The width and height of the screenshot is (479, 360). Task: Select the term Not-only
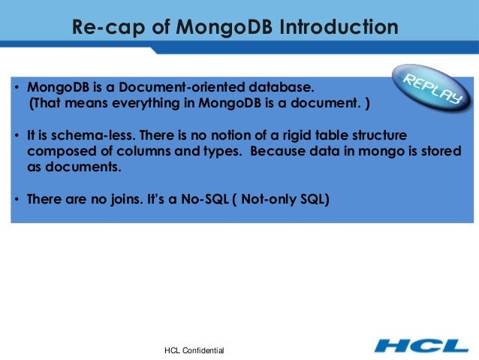[273, 201]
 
